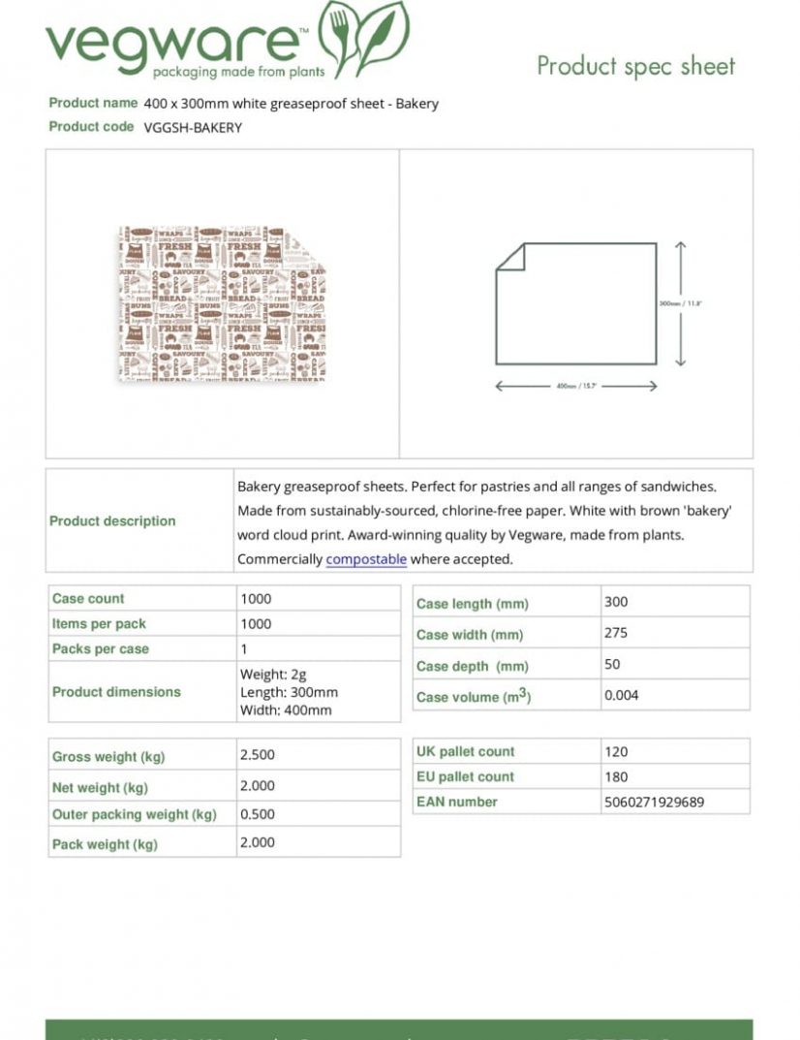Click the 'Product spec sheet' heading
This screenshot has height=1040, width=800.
[635, 66]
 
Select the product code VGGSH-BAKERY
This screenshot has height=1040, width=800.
[193, 127]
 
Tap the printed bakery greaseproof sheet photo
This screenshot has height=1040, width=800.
[222, 303]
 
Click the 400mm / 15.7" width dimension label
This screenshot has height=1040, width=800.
[576, 386]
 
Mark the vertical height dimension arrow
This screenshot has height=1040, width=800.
[680, 303]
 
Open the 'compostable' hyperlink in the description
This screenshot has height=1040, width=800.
[366, 559]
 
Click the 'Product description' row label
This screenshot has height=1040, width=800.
[112, 520]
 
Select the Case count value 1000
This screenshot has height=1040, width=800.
[256, 599]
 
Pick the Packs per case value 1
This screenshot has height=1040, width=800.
[244, 649]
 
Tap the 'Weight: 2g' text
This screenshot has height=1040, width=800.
[273, 674]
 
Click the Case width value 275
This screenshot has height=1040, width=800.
[616, 633]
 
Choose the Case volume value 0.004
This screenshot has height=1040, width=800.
[622, 695]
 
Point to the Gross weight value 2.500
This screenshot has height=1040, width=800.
[258, 755]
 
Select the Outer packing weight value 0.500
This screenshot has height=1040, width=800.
[258, 815]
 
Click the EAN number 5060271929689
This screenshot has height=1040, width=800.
[654, 802]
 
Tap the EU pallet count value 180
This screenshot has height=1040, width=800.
[616, 776]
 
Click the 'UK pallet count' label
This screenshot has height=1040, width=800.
[465, 751]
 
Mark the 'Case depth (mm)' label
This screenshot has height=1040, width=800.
[472, 666]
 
